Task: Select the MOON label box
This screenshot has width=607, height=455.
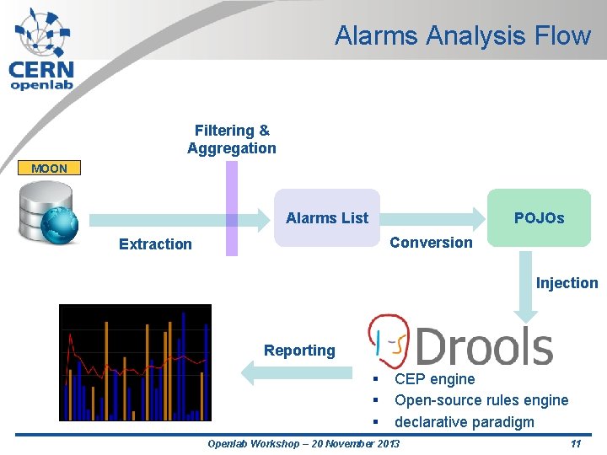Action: (49, 169)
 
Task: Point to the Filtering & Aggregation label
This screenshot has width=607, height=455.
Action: (232, 139)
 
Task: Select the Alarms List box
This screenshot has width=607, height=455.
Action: (327, 217)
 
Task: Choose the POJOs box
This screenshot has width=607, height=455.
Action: (540, 217)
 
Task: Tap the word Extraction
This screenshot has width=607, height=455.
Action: (155, 244)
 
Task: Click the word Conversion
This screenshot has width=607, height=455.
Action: (431, 243)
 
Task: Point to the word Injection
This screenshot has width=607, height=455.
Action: (567, 283)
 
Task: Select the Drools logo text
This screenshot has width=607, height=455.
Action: (484, 346)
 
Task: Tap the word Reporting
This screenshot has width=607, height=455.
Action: (299, 351)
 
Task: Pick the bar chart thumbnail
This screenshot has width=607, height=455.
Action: (135, 362)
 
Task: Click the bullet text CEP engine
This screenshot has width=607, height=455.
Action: (434, 379)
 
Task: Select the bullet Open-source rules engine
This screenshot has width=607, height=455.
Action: (481, 400)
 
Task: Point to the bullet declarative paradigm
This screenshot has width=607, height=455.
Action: (464, 421)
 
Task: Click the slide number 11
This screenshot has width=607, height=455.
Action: (576, 444)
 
